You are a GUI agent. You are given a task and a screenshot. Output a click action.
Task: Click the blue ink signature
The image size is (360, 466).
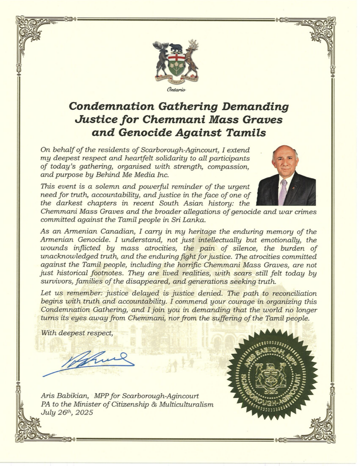click(x=89, y=362)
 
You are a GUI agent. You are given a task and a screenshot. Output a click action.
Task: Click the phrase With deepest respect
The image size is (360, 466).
click(x=76, y=333)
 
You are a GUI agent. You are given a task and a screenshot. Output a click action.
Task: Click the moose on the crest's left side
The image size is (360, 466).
click(x=161, y=59)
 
